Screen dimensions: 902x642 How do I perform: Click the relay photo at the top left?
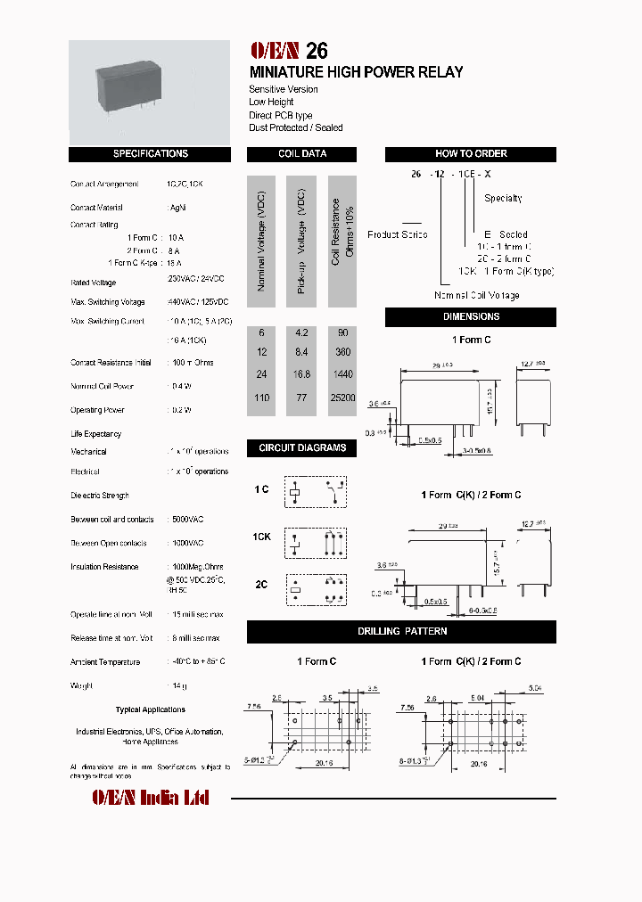click(x=151, y=91)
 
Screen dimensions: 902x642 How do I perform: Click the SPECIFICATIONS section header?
click(x=151, y=154)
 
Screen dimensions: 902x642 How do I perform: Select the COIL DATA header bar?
click(x=301, y=154)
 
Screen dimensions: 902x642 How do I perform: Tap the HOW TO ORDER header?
click(x=471, y=154)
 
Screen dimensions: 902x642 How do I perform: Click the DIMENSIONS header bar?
click(x=471, y=316)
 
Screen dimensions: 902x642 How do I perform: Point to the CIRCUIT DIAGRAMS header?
click(x=301, y=447)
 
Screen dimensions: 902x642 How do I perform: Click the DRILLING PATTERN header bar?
click(x=402, y=631)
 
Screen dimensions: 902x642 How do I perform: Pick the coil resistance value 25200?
click(x=342, y=398)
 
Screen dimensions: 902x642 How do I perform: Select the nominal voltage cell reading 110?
click(x=261, y=398)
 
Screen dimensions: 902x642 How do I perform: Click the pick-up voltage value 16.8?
click(x=301, y=374)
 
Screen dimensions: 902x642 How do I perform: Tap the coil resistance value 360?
click(x=342, y=352)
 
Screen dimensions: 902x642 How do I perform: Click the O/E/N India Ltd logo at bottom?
click(x=151, y=797)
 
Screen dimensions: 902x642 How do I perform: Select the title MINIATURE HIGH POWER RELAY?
click(x=356, y=72)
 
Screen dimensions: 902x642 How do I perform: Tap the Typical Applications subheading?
click(x=151, y=710)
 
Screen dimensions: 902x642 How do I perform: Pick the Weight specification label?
click(x=81, y=686)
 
